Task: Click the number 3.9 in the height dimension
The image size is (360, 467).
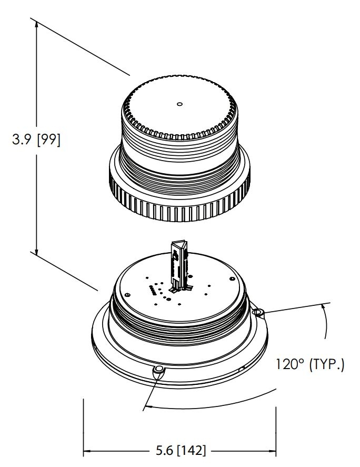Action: click(21, 139)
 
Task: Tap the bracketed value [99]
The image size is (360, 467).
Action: click(48, 140)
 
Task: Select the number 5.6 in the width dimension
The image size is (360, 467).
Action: click(164, 450)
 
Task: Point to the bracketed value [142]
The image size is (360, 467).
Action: click(191, 450)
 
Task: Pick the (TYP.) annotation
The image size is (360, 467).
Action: click(327, 364)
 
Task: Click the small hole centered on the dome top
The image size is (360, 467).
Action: click(179, 104)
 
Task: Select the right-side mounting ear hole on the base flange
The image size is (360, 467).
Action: click(257, 312)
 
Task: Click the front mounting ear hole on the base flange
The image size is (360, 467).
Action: click(159, 370)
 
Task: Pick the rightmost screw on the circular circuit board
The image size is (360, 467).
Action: click(232, 279)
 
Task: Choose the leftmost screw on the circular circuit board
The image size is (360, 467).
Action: click(127, 295)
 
